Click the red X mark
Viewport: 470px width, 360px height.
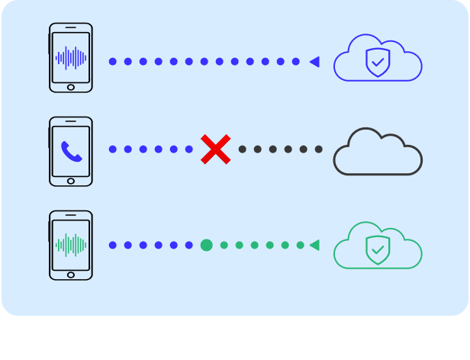pos(216,149)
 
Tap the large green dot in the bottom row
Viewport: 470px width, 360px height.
pos(206,245)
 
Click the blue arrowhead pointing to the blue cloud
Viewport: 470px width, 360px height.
pos(314,62)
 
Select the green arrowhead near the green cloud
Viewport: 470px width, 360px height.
pos(314,245)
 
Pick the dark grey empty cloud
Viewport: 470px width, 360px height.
pos(378,152)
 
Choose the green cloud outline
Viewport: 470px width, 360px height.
pos(378,246)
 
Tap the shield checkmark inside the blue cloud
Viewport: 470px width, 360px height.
pos(377,63)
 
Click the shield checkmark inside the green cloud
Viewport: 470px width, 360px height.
pos(377,249)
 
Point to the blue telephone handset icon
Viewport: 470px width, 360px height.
pos(71,151)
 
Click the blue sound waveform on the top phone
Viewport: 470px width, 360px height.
pos(71,57)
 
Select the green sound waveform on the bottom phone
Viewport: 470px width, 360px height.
pos(71,245)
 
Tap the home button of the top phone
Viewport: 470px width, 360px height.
pos(71,87)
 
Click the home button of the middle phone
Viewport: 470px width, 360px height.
pos(71,181)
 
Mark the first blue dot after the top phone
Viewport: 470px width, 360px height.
pos(113,62)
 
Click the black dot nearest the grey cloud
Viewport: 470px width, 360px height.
pos(319,149)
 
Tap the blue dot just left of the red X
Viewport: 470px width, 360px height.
pos(189,149)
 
